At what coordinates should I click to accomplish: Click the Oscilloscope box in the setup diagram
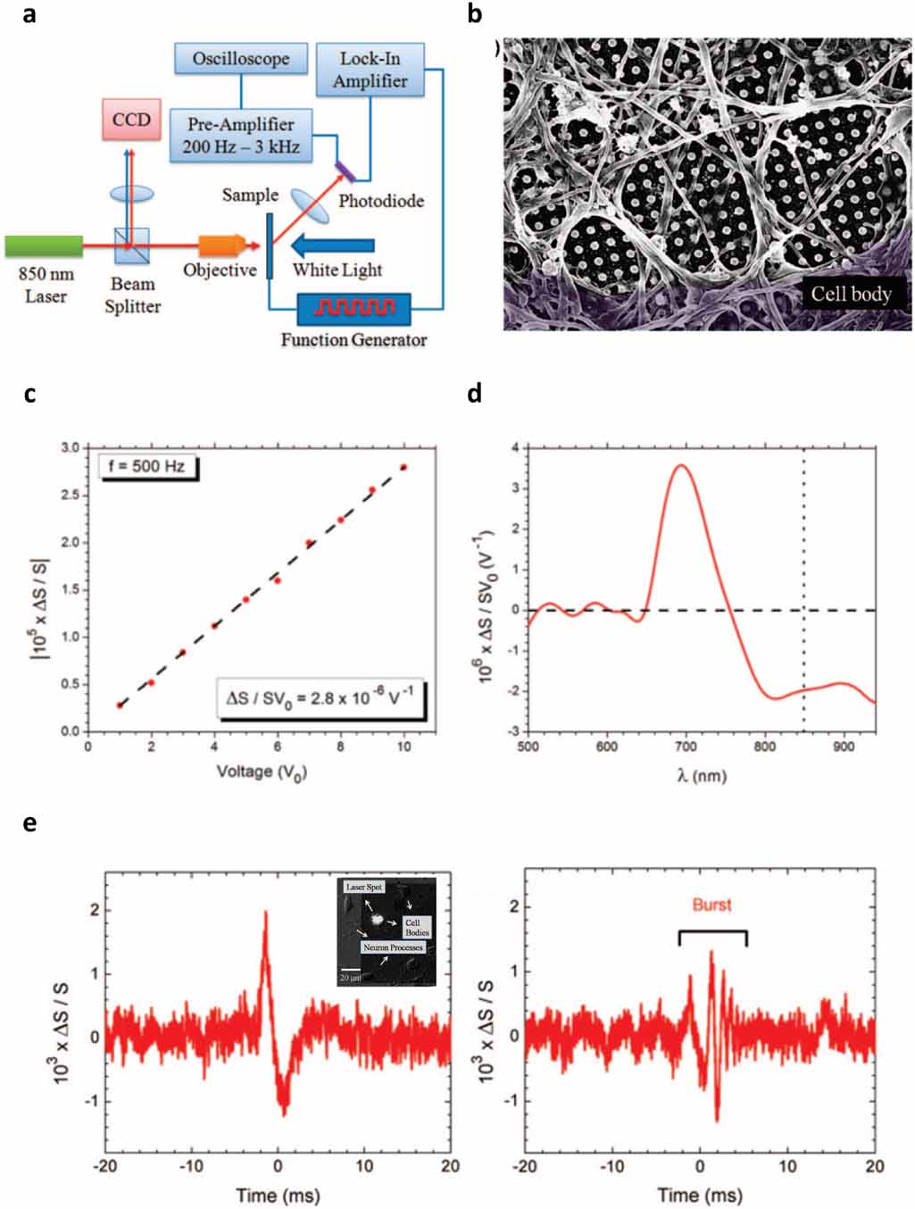pyautogui.click(x=240, y=59)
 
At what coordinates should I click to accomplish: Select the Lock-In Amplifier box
pyautogui.click(x=370, y=70)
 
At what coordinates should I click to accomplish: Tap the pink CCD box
pyautogui.click(x=131, y=120)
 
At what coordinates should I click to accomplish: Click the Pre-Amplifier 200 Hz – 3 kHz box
pyautogui.click(x=241, y=136)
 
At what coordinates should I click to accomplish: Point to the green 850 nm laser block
pyautogui.click(x=44, y=246)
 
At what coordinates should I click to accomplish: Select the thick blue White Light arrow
pyautogui.click(x=334, y=245)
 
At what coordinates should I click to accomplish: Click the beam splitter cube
pyautogui.click(x=131, y=246)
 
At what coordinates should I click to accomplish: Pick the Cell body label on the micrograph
pyautogui.click(x=850, y=294)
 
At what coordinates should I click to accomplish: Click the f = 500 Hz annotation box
pyautogui.click(x=147, y=466)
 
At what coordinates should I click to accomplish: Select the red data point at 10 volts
pyautogui.click(x=403, y=467)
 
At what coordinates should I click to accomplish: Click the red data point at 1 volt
pyautogui.click(x=120, y=705)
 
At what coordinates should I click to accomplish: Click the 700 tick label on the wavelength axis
pyautogui.click(x=686, y=746)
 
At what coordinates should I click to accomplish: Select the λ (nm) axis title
pyautogui.click(x=701, y=775)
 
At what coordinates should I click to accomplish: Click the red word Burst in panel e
pyautogui.click(x=711, y=905)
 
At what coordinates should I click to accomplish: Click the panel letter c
pyautogui.click(x=29, y=393)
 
